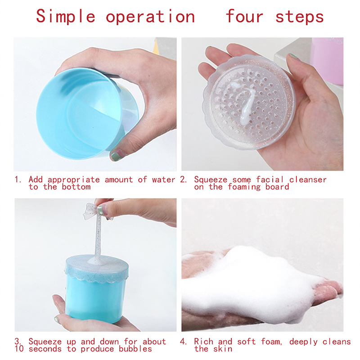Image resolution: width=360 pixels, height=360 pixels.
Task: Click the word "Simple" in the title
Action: coord(65,17)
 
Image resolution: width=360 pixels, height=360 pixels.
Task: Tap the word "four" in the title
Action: coord(244,16)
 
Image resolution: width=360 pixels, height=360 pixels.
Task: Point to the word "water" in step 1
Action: coord(163,180)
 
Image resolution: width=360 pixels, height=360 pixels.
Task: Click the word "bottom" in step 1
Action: coord(76,187)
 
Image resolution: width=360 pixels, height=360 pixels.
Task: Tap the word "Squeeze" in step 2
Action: coord(211,180)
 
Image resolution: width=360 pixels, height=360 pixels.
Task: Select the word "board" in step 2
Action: coord(277,187)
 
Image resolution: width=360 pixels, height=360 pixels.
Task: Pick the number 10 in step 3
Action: coord(19,349)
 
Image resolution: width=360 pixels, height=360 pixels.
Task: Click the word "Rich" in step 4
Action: coord(203,342)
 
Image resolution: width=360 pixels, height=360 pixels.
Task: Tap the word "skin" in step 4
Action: coord(222,349)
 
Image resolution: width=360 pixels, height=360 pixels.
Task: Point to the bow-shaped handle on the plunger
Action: coord(93,211)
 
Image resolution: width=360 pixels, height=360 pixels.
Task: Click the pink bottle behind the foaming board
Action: coord(327,60)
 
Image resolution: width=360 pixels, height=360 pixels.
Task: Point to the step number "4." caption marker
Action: coord(183,342)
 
